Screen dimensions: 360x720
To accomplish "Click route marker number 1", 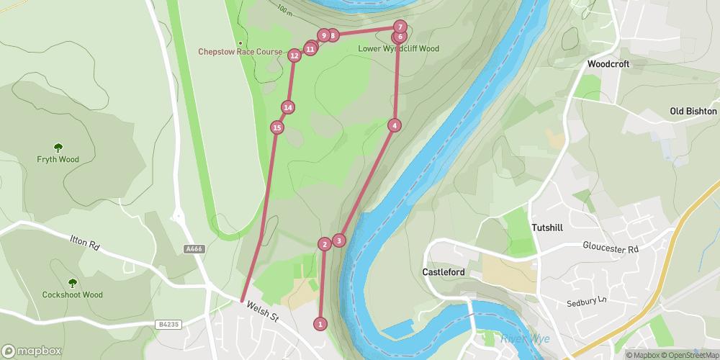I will click(320, 324).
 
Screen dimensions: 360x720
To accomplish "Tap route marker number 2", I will click(325, 244).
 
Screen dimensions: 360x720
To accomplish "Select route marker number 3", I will click(339, 240).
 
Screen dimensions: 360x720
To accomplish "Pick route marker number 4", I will click(394, 125).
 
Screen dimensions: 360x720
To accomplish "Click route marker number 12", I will click(294, 55).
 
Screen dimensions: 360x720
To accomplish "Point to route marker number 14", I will click(288, 107).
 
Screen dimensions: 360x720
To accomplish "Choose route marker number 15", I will click(277, 128).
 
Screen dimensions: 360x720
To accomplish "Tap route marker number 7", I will click(400, 27).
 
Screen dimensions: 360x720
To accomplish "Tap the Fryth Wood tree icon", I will click(58, 148).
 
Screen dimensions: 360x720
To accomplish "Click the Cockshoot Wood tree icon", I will click(72, 283).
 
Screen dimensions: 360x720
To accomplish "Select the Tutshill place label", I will click(550, 227).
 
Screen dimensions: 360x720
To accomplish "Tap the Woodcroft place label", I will click(608, 64).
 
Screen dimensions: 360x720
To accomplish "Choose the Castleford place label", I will click(444, 272).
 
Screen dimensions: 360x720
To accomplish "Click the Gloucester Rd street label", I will click(611, 248).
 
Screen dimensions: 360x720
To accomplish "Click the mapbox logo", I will click(31, 351).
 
